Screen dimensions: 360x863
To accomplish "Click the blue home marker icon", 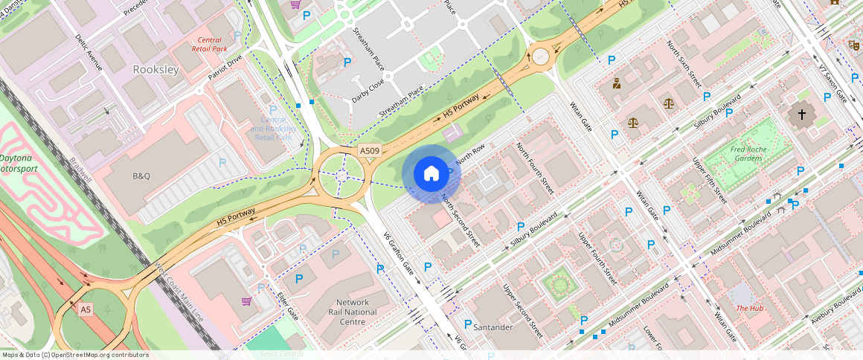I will [x=431, y=174].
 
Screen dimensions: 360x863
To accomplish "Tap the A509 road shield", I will [x=370, y=151].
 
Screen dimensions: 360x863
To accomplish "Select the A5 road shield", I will [x=86, y=309].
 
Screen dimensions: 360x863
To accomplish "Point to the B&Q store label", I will [x=141, y=176].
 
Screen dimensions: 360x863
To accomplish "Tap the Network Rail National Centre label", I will [x=352, y=312].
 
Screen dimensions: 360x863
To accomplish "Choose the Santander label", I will [x=493, y=327].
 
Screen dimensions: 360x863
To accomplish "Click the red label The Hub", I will [x=750, y=308].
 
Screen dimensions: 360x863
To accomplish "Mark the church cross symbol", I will [x=801, y=115].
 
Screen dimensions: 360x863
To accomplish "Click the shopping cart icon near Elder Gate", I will [x=246, y=301].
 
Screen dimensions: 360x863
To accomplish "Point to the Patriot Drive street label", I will [x=225, y=65].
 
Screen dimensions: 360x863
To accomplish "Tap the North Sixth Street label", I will [x=684, y=65].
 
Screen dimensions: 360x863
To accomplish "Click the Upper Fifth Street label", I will [x=710, y=181].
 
